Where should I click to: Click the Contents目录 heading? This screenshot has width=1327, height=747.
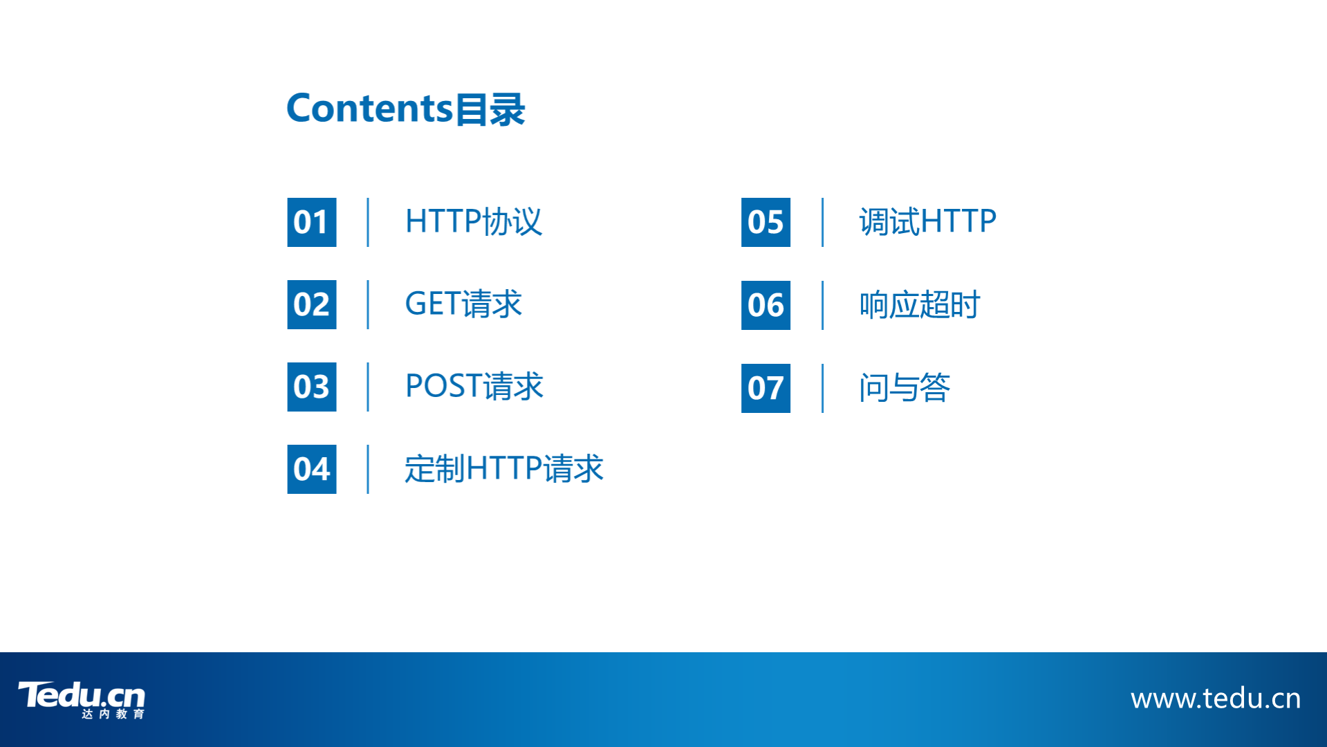click(x=406, y=109)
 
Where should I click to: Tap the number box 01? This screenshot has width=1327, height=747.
click(x=312, y=222)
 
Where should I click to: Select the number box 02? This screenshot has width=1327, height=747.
click(x=312, y=304)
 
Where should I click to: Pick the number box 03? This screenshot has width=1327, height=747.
click(x=312, y=387)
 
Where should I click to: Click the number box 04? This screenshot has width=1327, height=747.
click(x=312, y=469)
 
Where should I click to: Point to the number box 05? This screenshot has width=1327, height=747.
click(x=765, y=222)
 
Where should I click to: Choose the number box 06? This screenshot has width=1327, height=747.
click(x=765, y=305)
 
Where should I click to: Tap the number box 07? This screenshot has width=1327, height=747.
click(x=765, y=388)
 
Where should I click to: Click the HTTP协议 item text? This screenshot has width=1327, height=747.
click(x=474, y=221)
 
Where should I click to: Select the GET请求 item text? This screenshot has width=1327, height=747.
click(x=463, y=304)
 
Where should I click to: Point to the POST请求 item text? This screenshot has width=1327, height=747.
click(x=474, y=386)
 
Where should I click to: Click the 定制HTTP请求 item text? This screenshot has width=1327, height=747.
click(x=504, y=468)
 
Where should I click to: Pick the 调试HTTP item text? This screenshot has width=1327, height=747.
click(x=928, y=221)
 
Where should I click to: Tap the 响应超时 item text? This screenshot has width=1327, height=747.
click(x=920, y=304)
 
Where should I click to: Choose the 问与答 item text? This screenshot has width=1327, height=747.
click(x=904, y=387)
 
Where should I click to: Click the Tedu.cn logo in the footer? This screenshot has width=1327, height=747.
click(x=82, y=699)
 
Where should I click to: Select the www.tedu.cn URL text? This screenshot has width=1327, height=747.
click(x=1216, y=699)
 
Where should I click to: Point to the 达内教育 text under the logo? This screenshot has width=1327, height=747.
click(x=113, y=714)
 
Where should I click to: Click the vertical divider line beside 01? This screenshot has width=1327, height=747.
click(x=368, y=222)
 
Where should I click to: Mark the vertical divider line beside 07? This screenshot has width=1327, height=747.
click(x=822, y=388)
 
